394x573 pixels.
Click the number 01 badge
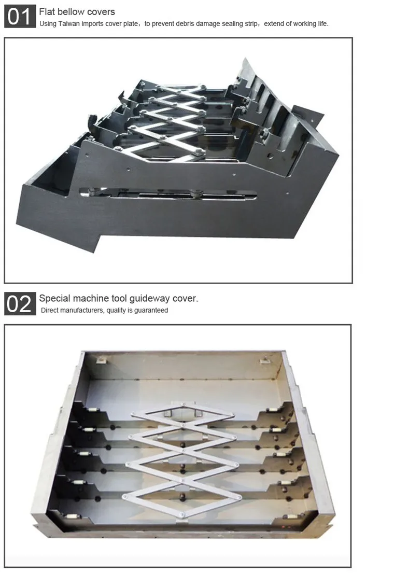coord(20,16)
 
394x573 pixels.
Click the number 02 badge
coord(20,303)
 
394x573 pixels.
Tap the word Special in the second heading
coord(55,298)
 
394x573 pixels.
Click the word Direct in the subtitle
coord(51,311)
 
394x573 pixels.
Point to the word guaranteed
coord(151,311)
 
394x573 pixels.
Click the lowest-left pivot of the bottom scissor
coord(125,497)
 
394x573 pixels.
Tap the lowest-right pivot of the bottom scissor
coord(238,497)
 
